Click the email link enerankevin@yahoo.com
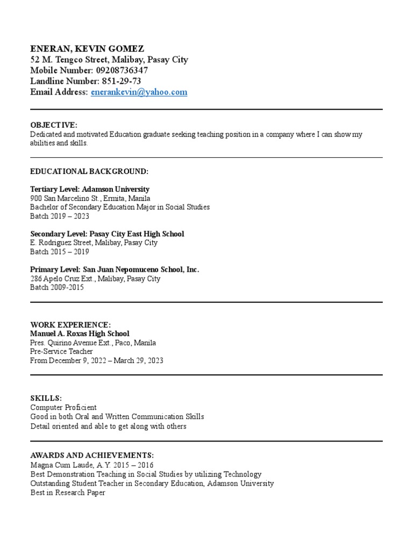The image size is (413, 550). (139, 92)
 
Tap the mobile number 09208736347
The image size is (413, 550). (122, 70)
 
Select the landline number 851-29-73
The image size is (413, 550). (122, 81)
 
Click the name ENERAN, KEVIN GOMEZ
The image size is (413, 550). (87, 48)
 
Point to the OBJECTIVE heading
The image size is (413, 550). (54, 125)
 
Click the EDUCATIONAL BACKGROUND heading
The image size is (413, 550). (89, 171)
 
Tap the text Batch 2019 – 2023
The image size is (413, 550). (60, 216)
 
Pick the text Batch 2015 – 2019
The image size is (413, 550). (60, 252)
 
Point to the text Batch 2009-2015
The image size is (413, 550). (57, 287)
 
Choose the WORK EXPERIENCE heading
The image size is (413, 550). (70, 325)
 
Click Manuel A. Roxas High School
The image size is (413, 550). (80, 334)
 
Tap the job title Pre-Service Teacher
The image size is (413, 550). (61, 352)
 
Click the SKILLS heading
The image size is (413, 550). (46, 399)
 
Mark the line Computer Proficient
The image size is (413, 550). (63, 408)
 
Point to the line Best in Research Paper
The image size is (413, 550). (68, 492)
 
